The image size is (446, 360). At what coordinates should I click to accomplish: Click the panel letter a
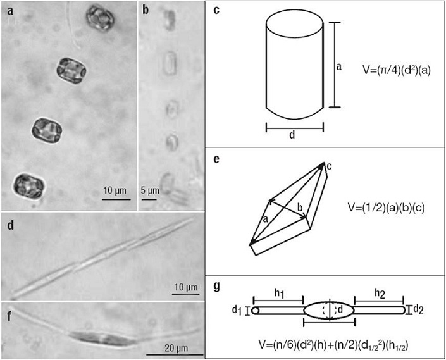(10, 11)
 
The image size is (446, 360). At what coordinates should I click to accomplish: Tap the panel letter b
(146, 11)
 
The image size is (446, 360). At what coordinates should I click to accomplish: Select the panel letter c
(216, 11)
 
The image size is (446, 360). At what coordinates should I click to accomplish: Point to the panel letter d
(11, 224)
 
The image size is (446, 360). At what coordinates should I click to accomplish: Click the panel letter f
(9, 311)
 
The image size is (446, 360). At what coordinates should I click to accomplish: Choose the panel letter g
(216, 286)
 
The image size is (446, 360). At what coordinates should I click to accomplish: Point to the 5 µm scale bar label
(150, 189)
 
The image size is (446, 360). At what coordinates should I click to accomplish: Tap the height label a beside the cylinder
(340, 66)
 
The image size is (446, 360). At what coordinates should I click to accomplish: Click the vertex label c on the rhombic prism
(329, 166)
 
